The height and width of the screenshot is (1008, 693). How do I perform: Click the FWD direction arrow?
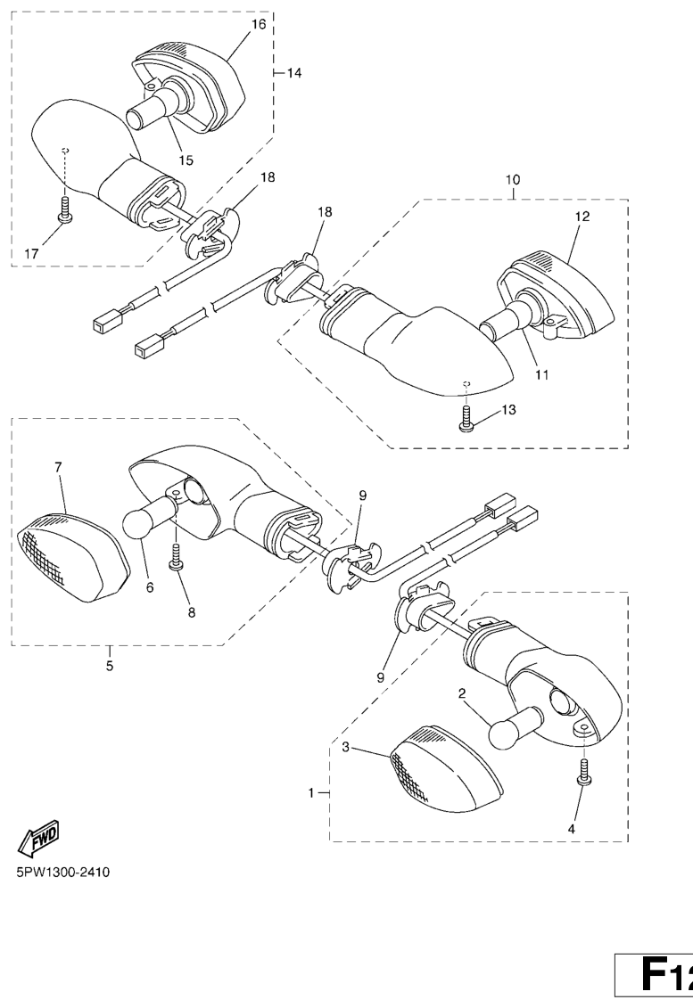click(x=38, y=839)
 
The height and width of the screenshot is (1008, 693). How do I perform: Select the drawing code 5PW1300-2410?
click(x=62, y=873)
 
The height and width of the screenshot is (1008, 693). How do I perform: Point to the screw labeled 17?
click(x=64, y=210)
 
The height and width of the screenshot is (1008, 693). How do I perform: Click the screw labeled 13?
click(x=466, y=418)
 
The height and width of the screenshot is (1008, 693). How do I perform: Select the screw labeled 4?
click(x=584, y=771)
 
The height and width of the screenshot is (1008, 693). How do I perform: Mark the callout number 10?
click(x=513, y=179)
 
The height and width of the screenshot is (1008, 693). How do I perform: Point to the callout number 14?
click(x=294, y=73)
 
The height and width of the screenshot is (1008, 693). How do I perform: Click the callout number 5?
click(x=110, y=666)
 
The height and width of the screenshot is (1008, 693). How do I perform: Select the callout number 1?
click(x=311, y=793)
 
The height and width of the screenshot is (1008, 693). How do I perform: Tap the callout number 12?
click(x=582, y=217)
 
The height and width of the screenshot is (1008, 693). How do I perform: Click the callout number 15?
click(x=186, y=160)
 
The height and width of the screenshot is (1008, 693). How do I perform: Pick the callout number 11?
click(x=541, y=374)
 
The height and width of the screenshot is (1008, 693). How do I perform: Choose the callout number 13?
click(x=508, y=409)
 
